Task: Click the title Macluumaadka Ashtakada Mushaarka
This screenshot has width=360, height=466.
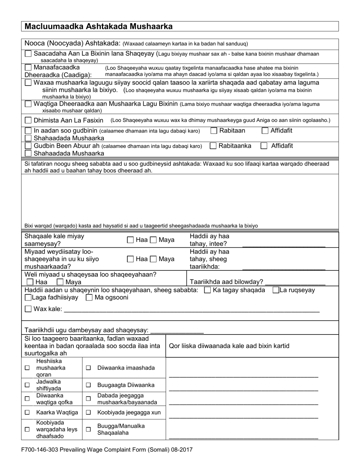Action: click(99, 26)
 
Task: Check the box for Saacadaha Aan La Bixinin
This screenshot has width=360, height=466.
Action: click(28, 54)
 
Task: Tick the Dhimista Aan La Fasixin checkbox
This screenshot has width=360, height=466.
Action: click(28, 120)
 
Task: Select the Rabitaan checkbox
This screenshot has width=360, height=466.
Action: click(214, 131)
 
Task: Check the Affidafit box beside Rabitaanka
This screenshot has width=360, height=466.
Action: click(264, 146)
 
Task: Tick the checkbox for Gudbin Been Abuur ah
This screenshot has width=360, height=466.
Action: click(28, 146)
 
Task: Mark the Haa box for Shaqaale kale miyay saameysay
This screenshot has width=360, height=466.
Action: click(130, 240)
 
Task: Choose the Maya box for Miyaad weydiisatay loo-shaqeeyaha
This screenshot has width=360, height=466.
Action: click(153, 259)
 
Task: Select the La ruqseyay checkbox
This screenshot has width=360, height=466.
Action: click(276, 290)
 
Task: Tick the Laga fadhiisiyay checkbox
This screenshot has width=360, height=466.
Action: click(28, 298)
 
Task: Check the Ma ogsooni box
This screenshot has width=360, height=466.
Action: click(89, 298)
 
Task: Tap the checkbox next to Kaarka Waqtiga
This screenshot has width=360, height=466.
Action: click(27, 412)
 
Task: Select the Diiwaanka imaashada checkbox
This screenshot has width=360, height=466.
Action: click(88, 368)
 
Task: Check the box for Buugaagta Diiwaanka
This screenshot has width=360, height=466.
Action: click(88, 385)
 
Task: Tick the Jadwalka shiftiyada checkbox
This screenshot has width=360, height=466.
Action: click(27, 385)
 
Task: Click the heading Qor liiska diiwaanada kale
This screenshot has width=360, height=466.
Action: click(229, 346)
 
